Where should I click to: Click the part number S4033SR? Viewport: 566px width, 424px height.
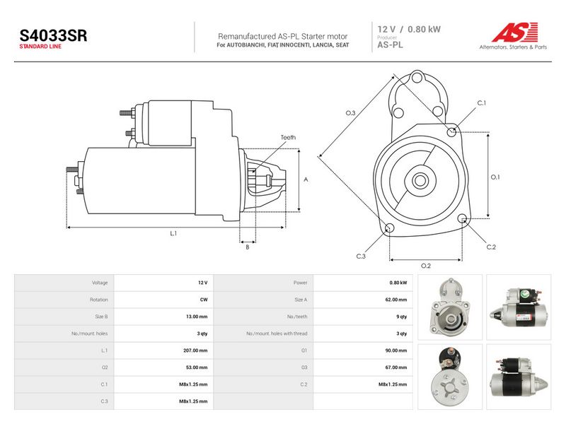[53, 36]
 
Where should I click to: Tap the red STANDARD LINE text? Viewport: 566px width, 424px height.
[40, 47]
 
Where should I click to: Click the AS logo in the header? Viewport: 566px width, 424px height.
[515, 32]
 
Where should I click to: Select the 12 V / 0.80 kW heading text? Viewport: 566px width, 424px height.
[409, 29]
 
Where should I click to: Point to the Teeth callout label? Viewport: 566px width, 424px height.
[288, 137]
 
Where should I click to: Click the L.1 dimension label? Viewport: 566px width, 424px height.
[173, 234]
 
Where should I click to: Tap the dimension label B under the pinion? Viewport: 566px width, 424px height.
[247, 247]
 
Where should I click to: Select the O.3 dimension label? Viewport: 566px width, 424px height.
[350, 113]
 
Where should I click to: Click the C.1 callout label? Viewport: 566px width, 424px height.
[482, 103]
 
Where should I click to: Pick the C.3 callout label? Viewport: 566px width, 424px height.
[361, 257]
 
